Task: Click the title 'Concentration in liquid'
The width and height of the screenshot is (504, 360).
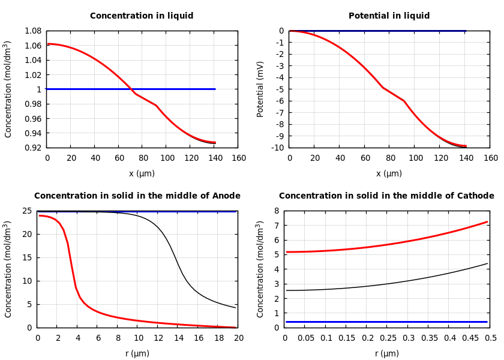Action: pyautogui.click(x=142, y=16)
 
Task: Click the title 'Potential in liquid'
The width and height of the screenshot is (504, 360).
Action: pyautogui.click(x=389, y=16)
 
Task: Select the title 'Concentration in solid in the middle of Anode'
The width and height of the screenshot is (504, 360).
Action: pyautogui.click(x=137, y=196)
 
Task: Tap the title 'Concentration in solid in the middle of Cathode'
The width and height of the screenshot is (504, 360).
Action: pyautogui.click(x=386, y=196)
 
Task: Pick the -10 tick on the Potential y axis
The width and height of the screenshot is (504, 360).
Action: pyautogui.click(x=277, y=148)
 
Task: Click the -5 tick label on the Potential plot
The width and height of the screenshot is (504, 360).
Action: pyautogui.click(x=279, y=89)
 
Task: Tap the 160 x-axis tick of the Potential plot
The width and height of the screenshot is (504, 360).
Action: pyautogui.click(x=490, y=158)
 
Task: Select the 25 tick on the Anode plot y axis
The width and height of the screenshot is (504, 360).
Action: pyautogui.click(x=26, y=211)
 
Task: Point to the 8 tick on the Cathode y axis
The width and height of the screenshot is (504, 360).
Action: pyautogui.click(x=277, y=211)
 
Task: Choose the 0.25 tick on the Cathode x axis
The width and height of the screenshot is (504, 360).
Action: pyautogui.click(x=388, y=338)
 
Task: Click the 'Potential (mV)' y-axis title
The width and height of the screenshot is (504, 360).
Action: pyautogui.click(x=260, y=89)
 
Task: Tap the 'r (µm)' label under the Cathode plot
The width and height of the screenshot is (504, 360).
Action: pyautogui.click(x=386, y=354)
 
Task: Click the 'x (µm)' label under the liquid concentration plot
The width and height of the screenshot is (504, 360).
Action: pyautogui.click(x=142, y=174)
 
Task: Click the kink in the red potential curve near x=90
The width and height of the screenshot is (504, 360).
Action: pyautogui.click(x=403, y=101)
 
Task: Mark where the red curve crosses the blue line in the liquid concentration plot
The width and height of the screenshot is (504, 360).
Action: pyautogui.click(x=131, y=89)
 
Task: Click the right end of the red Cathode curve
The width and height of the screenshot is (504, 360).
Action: pyautogui.click(x=487, y=222)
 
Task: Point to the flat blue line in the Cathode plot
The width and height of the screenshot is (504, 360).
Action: pyautogui.click(x=386, y=322)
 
